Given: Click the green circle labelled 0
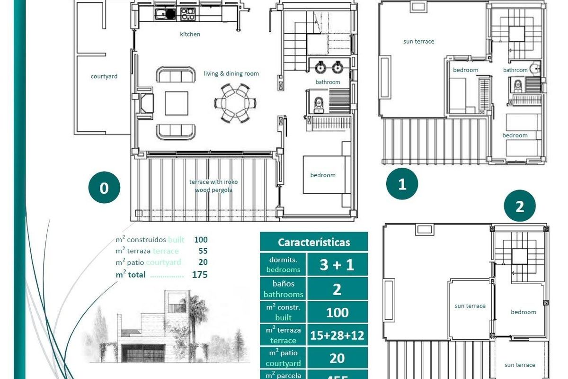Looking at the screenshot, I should [x=104, y=188].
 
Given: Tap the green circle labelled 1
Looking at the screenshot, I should [x=402, y=183].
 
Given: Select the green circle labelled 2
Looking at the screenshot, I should [x=520, y=207].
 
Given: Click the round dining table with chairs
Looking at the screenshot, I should [x=235, y=102].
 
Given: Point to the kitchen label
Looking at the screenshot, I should [x=190, y=34].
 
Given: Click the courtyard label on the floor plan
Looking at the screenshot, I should [x=104, y=76].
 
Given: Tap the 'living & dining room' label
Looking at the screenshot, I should [x=231, y=74].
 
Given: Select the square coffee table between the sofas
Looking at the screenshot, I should [x=176, y=103].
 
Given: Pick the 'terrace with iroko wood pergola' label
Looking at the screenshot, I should [x=213, y=186].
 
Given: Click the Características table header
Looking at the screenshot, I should [x=314, y=242].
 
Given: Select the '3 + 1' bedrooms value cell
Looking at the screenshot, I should [x=337, y=264].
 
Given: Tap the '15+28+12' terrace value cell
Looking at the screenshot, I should [x=337, y=335].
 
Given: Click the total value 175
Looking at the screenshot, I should [x=200, y=275].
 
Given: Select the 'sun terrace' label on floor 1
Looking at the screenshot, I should [x=418, y=42].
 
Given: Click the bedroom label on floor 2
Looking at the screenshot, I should [x=524, y=312].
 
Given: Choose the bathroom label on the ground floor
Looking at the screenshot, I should [x=328, y=82].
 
